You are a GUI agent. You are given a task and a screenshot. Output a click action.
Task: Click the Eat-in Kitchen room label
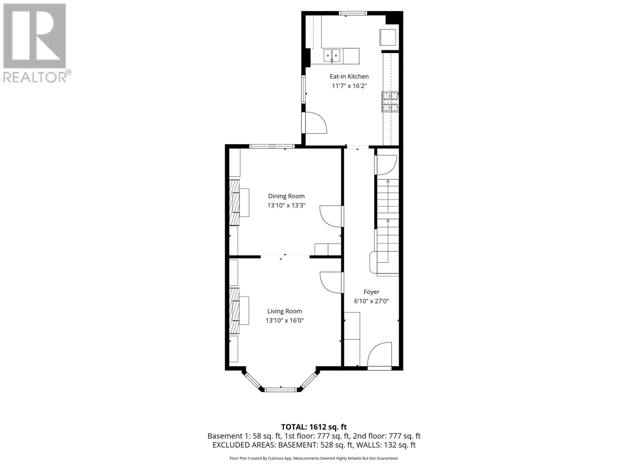(x=349, y=77)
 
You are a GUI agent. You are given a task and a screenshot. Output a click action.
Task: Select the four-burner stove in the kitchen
(x=390, y=102)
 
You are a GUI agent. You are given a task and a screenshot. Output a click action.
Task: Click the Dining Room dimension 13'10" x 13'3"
(x=286, y=205)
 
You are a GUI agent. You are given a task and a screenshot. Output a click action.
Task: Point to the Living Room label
(x=285, y=311)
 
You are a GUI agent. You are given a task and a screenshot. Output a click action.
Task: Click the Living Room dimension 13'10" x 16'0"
(x=285, y=320)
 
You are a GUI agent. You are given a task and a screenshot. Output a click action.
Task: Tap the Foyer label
(x=371, y=292)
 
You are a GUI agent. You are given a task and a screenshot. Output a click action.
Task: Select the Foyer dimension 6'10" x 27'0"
(x=371, y=301)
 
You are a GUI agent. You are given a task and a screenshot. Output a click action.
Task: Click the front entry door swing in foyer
(x=379, y=355)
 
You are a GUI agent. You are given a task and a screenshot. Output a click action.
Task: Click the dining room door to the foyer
(x=331, y=216)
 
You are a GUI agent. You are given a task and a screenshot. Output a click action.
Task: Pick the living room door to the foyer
(x=331, y=282)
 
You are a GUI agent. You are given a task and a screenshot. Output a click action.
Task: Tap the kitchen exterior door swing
(x=315, y=123)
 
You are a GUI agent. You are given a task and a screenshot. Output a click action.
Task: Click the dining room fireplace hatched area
(x=234, y=203)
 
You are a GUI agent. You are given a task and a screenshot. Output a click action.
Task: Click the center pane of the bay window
(x=281, y=389)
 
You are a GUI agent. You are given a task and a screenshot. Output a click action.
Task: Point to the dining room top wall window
(x=272, y=146)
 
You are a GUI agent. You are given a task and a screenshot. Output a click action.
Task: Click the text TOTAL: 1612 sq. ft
(x=314, y=427)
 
